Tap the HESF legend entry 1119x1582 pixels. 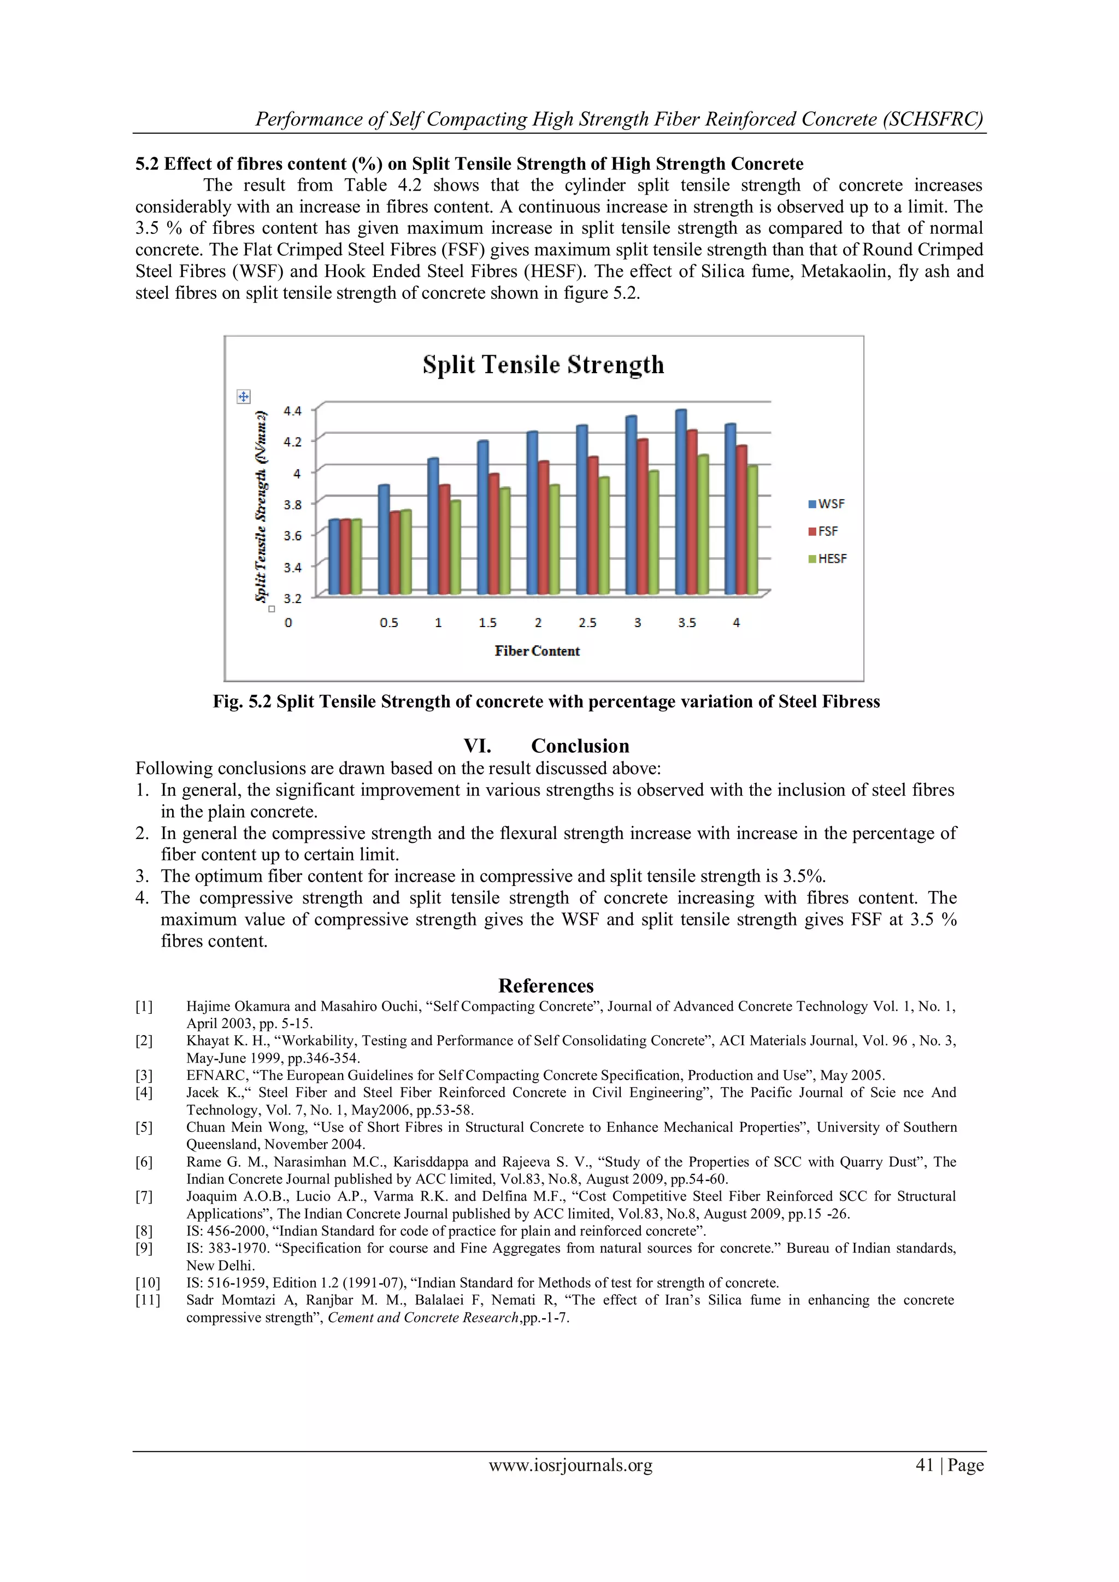828,559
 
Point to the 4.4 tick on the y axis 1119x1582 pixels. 292,411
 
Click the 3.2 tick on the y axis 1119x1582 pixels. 292,598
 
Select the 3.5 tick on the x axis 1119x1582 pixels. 686,623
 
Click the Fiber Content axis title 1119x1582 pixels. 537,651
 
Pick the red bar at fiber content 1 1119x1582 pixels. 444,539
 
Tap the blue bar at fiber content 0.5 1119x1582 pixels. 384,539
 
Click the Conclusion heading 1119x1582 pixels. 580,746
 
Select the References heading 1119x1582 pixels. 546,985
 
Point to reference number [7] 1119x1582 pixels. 144,1196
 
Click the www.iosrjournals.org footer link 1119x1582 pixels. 570,1465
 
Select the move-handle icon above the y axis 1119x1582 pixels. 243,396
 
